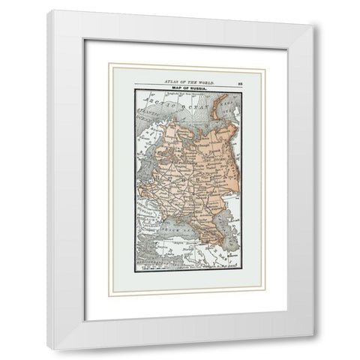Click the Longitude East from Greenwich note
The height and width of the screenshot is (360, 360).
(180, 94)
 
